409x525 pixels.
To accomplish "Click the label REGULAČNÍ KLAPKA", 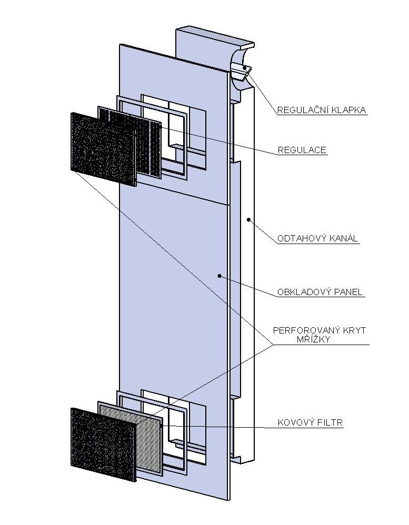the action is coord(322,110).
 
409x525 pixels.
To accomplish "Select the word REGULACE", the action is coord(302,150).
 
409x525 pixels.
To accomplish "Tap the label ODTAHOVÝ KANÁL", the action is coord(317,238).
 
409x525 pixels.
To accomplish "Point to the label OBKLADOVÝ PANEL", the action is coord(320,292).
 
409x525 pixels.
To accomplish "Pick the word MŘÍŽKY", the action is coord(314,339).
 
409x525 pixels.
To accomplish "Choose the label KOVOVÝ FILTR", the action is coord(311,422).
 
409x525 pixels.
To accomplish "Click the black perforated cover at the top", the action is coord(104,149).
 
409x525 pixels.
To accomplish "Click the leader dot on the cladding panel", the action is coord(220,276).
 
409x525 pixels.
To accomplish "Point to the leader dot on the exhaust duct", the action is coord(248,220).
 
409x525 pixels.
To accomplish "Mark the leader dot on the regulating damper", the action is coord(245,68).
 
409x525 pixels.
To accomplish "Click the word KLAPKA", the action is coord(348,110).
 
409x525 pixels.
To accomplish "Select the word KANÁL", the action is coord(344,238).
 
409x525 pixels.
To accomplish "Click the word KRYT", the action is coord(353,330).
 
